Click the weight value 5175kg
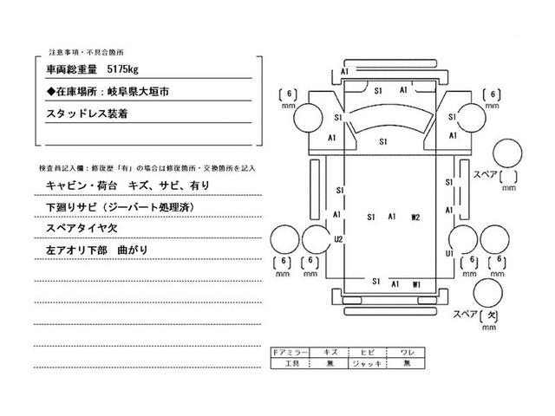point(125,66)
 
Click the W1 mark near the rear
point(417,283)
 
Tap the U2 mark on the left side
point(339,238)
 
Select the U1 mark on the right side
point(449,253)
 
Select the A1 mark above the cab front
point(345,71)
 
